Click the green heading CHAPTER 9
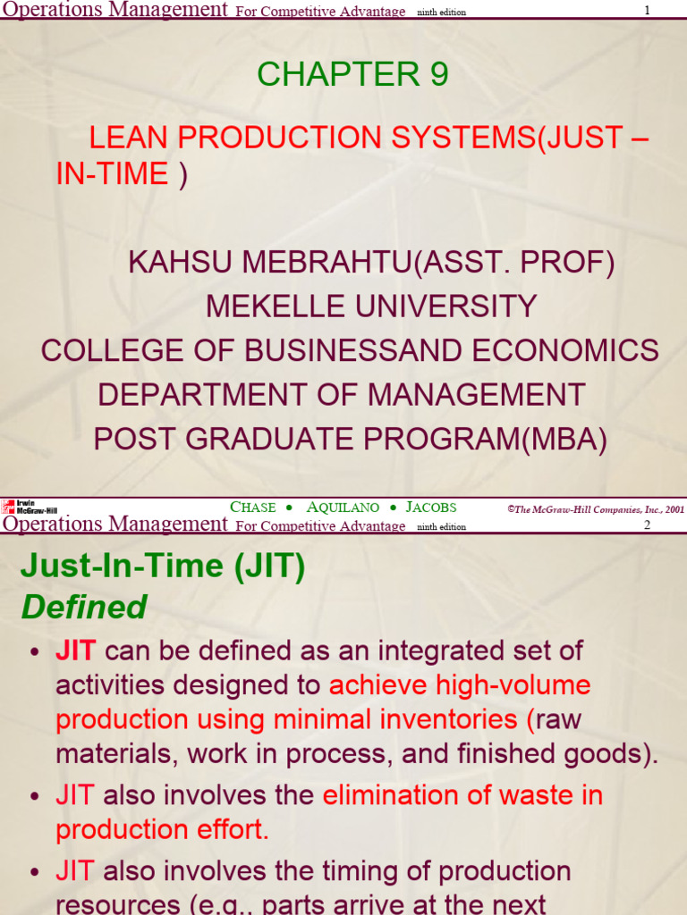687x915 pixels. click(x=352, y=76)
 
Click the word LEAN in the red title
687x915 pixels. click(x=125, y=138)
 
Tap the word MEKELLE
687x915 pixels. click(x=275, y=306)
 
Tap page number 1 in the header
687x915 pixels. click(x=647, y=10)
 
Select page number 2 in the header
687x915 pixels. click(x=647, y=525)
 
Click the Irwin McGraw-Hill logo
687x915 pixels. click(x=30, y=507)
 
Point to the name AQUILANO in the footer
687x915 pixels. click(x=343, y=507)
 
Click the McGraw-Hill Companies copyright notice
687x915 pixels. click(x=595, y=508)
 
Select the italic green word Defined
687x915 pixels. click(x=84, y=608)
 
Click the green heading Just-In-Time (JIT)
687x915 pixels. click(x=163, y=567)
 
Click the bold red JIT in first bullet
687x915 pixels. click(x=76, y=651)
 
